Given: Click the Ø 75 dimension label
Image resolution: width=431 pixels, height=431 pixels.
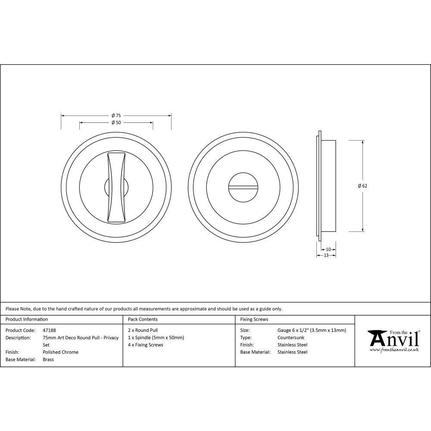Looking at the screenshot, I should tap(116, 116).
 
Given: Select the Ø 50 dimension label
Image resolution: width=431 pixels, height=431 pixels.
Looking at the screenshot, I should tap(116, 122).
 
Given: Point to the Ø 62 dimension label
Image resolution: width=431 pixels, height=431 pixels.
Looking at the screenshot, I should tap(362, 186).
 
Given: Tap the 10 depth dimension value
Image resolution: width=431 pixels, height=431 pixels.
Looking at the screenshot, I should tap(328, 249).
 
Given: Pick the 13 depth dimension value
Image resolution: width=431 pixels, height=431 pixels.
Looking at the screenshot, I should tap(326, 255).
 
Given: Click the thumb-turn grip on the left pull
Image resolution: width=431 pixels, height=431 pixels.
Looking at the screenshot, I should tap(116, 187).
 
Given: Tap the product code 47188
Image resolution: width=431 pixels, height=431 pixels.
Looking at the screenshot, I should tap(50, 330).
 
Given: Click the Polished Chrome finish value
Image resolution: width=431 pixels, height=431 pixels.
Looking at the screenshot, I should tap(60, 352).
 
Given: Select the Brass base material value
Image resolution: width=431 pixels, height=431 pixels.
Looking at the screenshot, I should tap(48, 359).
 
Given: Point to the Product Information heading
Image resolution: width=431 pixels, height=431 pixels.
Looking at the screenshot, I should tap(27, 319).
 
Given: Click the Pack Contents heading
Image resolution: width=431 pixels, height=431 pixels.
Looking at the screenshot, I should tap(143, 319).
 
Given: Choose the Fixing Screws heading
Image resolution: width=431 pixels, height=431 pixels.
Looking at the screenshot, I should tap(254, 319).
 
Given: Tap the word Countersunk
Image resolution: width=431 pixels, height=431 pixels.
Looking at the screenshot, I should tap(291, 337).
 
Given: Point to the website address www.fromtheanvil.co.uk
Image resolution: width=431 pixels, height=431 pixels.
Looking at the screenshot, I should tap(394, 350).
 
